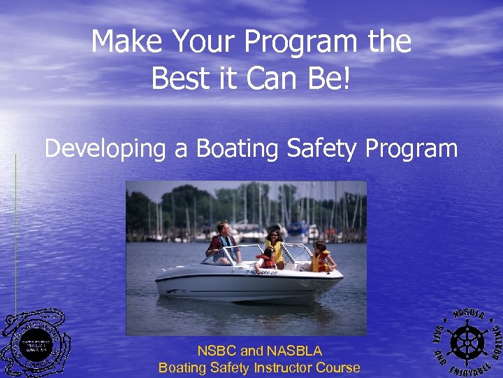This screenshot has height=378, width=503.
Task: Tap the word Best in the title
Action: (172, 78)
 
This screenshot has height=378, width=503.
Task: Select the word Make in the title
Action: (119, 42)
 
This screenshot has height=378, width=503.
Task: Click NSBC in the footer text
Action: (217, 351)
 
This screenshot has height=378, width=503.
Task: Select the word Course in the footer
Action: (338, 367)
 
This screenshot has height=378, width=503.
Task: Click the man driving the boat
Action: (224, 242)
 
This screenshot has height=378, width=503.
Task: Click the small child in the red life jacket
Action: (265, 260)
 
